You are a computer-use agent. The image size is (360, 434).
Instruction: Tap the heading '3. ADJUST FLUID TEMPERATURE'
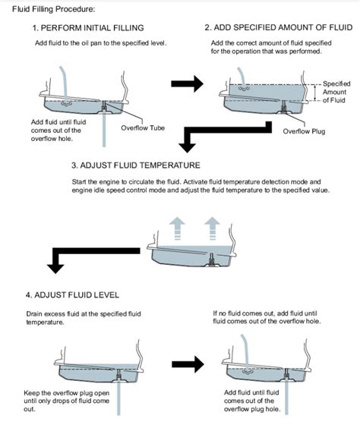pyautogui.click(x=136, y=165)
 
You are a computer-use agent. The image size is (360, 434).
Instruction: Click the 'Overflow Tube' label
pyautogui.click(x=143, y=127)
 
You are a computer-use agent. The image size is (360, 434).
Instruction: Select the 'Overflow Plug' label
pyautogui.click(x=305, y=131)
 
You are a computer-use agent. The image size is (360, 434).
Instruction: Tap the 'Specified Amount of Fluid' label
pyautogui.click(x=336, y=92)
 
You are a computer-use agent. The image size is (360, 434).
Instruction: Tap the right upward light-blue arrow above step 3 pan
pyautogui.click(x=212, y=225)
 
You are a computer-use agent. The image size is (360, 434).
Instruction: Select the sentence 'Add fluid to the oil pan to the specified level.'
pyautogui.click(x=100, y=42)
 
